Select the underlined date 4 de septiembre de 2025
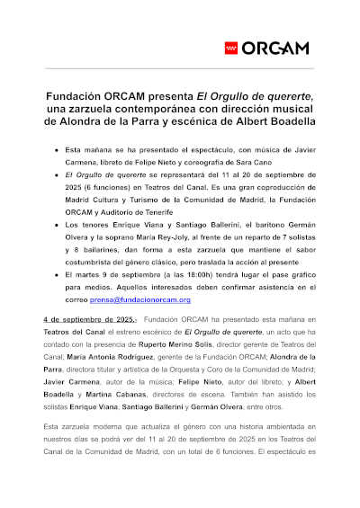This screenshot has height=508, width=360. point(88,319)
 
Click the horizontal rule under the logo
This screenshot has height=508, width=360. point(180,69)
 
